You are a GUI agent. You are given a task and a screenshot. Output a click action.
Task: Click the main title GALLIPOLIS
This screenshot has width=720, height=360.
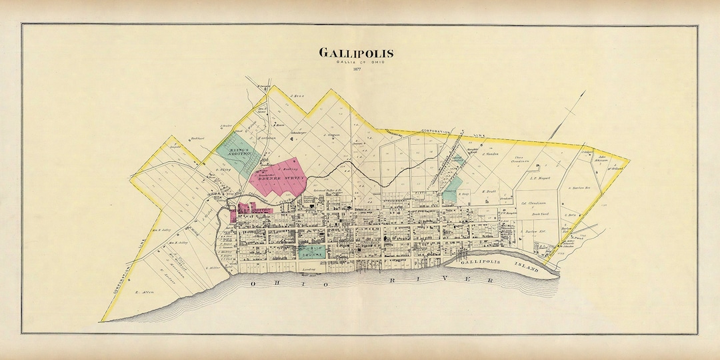pos(355,53)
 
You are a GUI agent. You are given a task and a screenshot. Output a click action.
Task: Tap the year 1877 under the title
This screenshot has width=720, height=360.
pos(356,71)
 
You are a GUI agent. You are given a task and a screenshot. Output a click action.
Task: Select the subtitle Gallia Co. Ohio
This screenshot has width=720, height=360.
pos(355,62)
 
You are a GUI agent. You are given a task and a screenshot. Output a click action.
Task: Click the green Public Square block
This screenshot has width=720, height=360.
pos(311,251)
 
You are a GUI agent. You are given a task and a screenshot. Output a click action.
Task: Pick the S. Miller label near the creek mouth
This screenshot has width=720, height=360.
pos(212,268)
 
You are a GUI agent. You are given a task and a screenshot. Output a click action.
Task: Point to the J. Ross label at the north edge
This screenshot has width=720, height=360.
pos(297,96)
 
